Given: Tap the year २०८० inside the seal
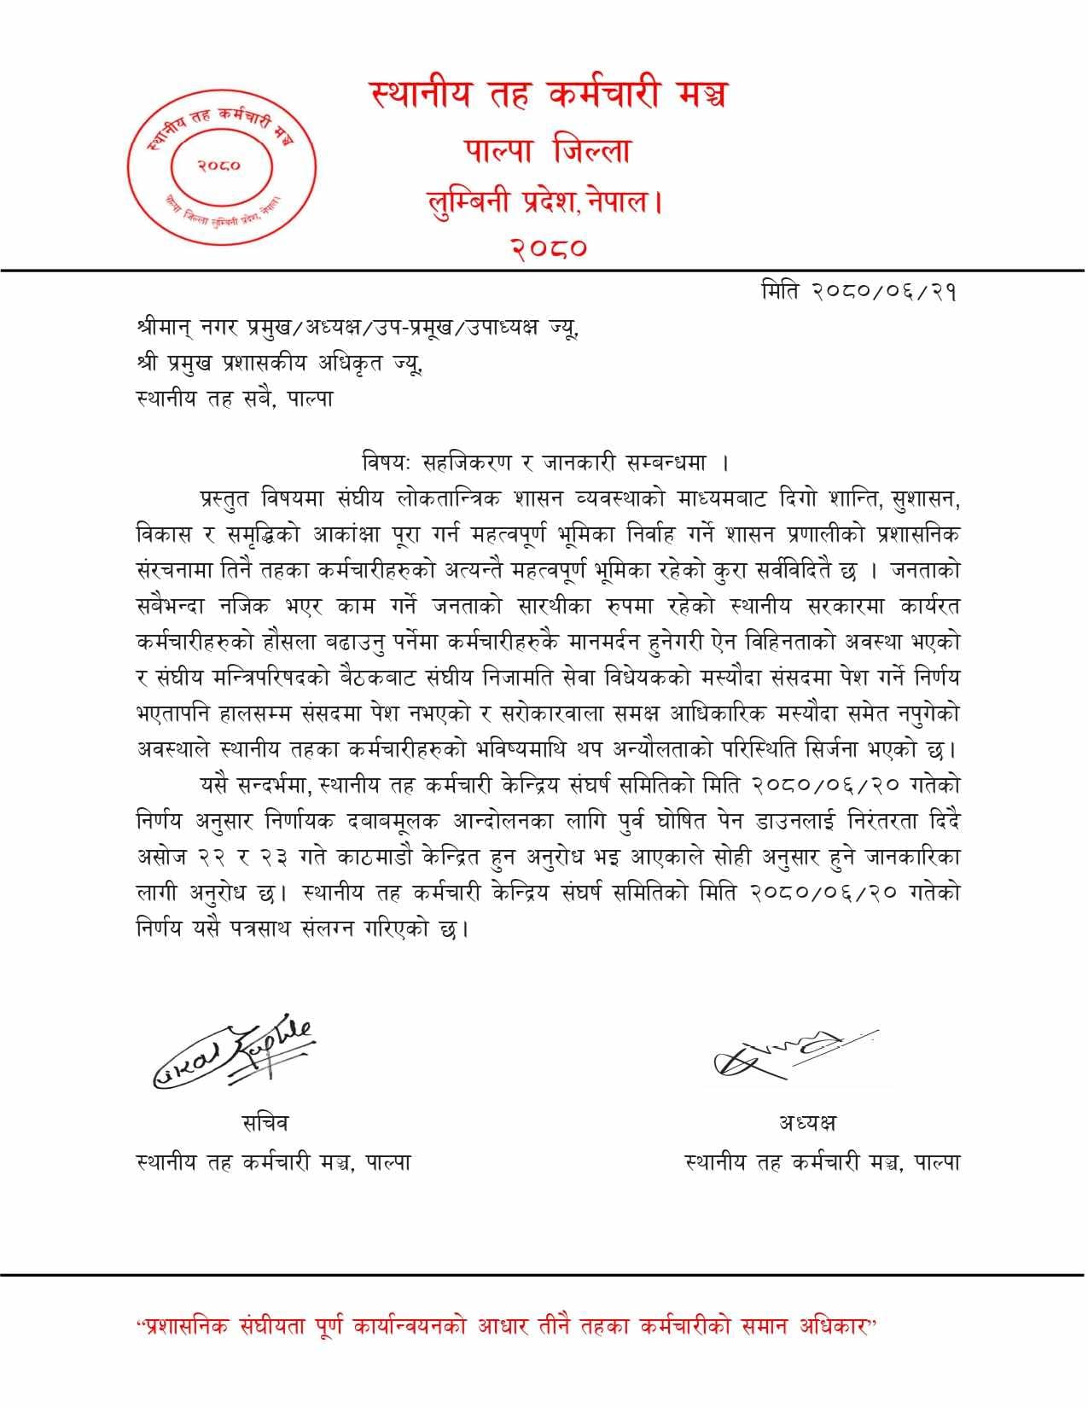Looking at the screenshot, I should point(219,166).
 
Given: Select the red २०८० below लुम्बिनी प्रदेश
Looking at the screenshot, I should point(550,248).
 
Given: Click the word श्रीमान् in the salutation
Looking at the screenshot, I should point(166,329).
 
